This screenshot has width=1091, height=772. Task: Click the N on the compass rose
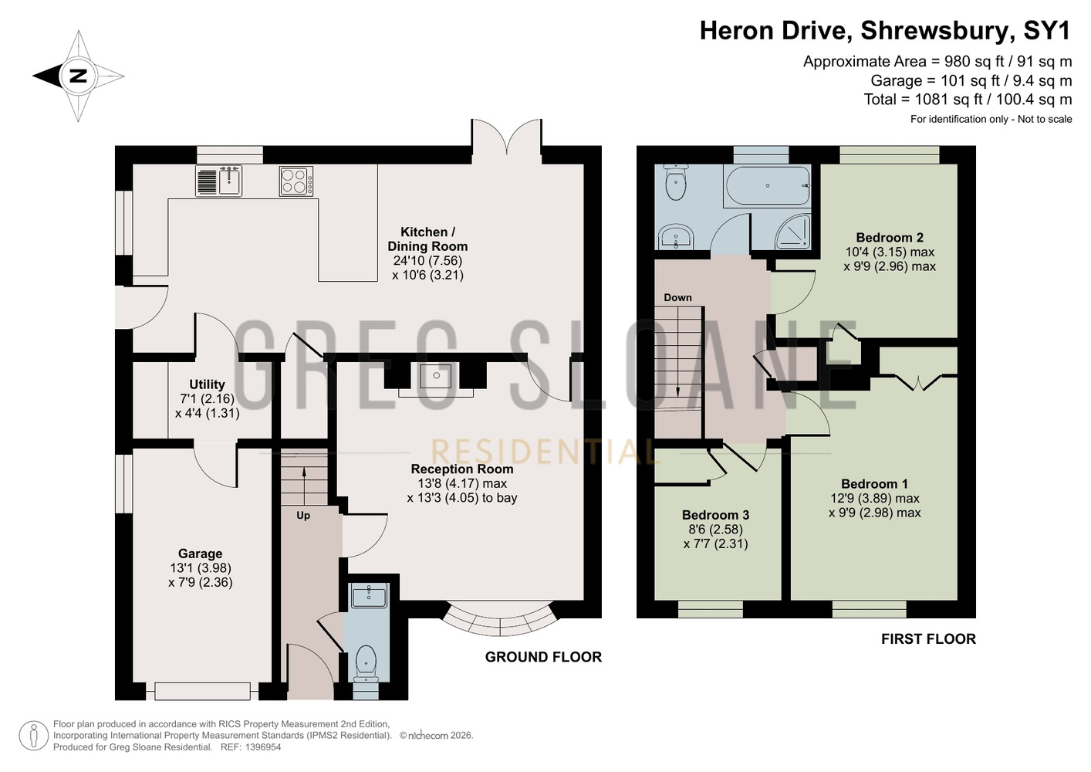pyautogui.click(x=78, y=76)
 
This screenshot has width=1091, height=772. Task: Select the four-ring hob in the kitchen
pyautogui.click(x=296, y=181)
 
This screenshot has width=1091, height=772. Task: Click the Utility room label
pyautogui.click(x=207, y=384)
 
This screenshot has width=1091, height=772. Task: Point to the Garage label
pyautogui.click(x=200, y=554)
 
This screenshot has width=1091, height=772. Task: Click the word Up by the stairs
pyautogui.click(x=303, y=516)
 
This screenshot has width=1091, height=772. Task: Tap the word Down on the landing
pyautogui.click(x=677, y=297)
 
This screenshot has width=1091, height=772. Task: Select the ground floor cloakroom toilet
pyautogui.click(x=366, y=664)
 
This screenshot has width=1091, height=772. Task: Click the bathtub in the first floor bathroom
pyautogui.click(x=768, y=186)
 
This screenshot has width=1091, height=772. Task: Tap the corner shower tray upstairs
pyautogui.click(x=793, y=232)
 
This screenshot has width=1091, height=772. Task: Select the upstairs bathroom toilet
pyautogui.click(x=676, y=182)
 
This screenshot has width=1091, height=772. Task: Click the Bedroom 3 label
pyautogui.click(x=715, y=515)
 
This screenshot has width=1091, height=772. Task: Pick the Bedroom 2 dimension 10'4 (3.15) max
pyautogui.click(x=890, y=252)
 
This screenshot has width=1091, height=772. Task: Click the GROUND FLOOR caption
pyautogui.click(x=543, y=657)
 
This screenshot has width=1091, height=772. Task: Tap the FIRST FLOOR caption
pyautogui.click(x=928, y=639)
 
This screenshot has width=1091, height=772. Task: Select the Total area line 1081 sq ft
pyautogui.click(x=968, y=100)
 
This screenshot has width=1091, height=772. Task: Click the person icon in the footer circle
pyautogui.click(x=34, y=736)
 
